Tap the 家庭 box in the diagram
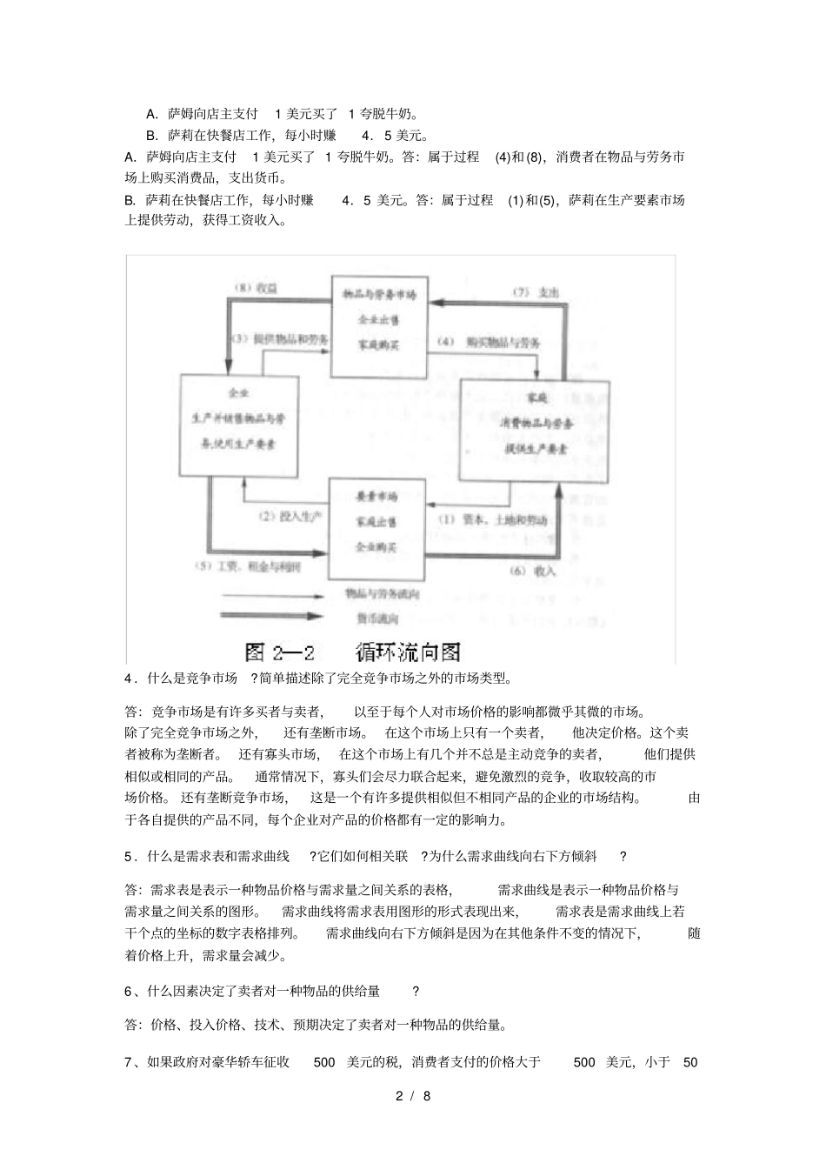coord(534,431)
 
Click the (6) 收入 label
coord(531,571)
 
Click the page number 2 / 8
coord(413,1096)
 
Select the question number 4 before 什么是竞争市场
coord(128,678)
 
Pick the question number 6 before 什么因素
coord(128,991)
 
